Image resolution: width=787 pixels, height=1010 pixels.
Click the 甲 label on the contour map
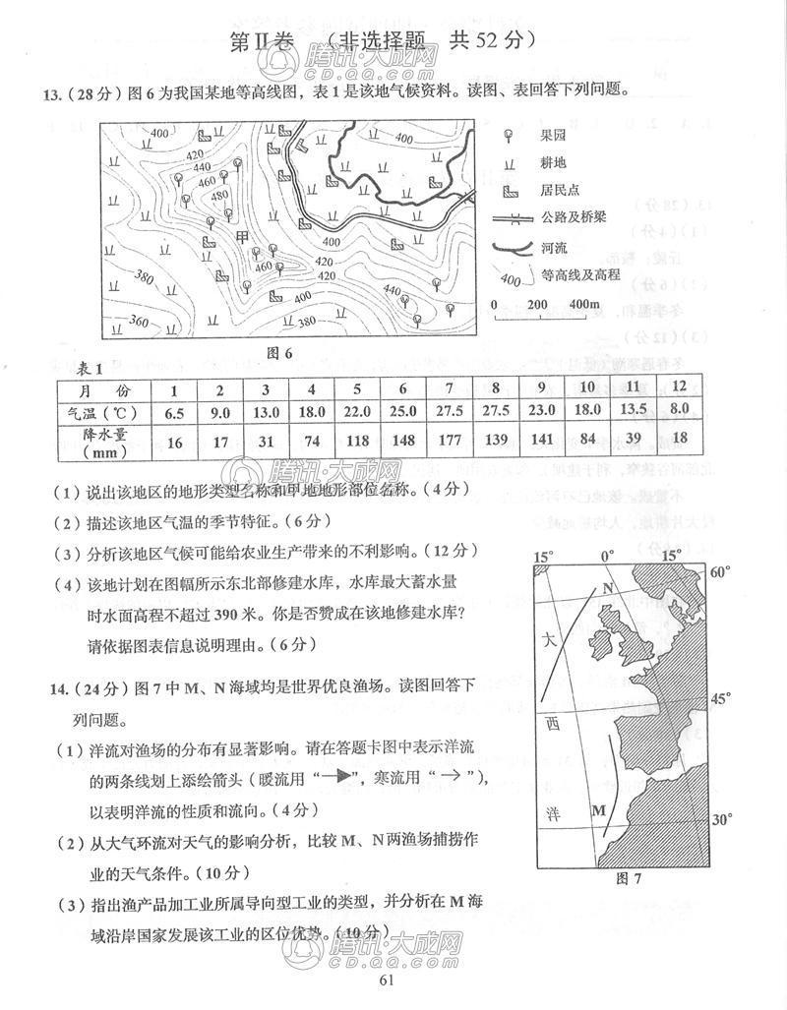[x=243, y=238]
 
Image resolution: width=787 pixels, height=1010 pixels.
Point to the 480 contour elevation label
[x=220, y=195]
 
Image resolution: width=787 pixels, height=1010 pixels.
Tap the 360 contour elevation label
[x=139, y=322]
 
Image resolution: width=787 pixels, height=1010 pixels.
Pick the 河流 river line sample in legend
[x=511, y=248]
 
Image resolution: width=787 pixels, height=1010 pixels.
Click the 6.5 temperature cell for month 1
[x=175, y=412]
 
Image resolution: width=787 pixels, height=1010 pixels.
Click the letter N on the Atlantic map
[x=608, y=588]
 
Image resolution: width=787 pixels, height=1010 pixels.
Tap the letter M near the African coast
[x=597, y=809]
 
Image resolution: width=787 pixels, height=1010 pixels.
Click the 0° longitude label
[x=607, y=556]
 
